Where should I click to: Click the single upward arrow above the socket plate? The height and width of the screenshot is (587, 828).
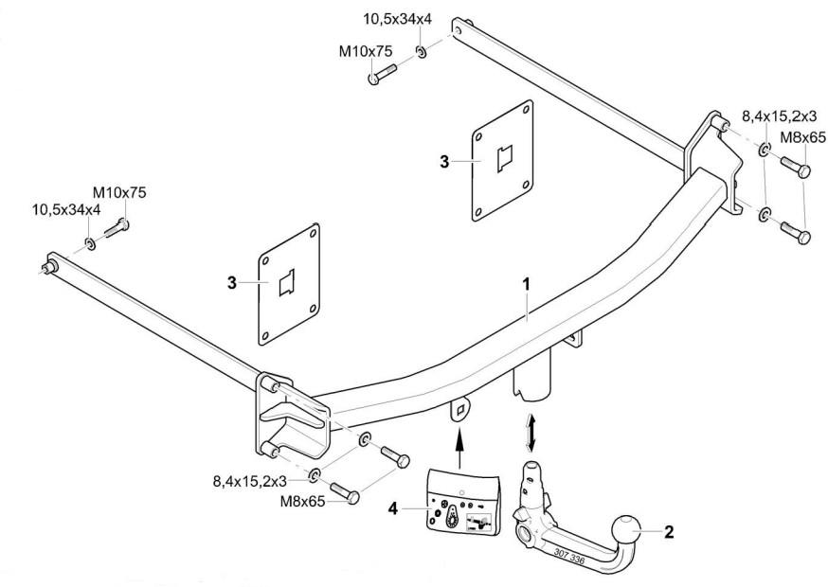(x=460, y=444)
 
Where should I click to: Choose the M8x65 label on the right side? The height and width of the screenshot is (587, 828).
(x=801, y=138)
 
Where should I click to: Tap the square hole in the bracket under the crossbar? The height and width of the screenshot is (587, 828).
(x=460, y=409)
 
